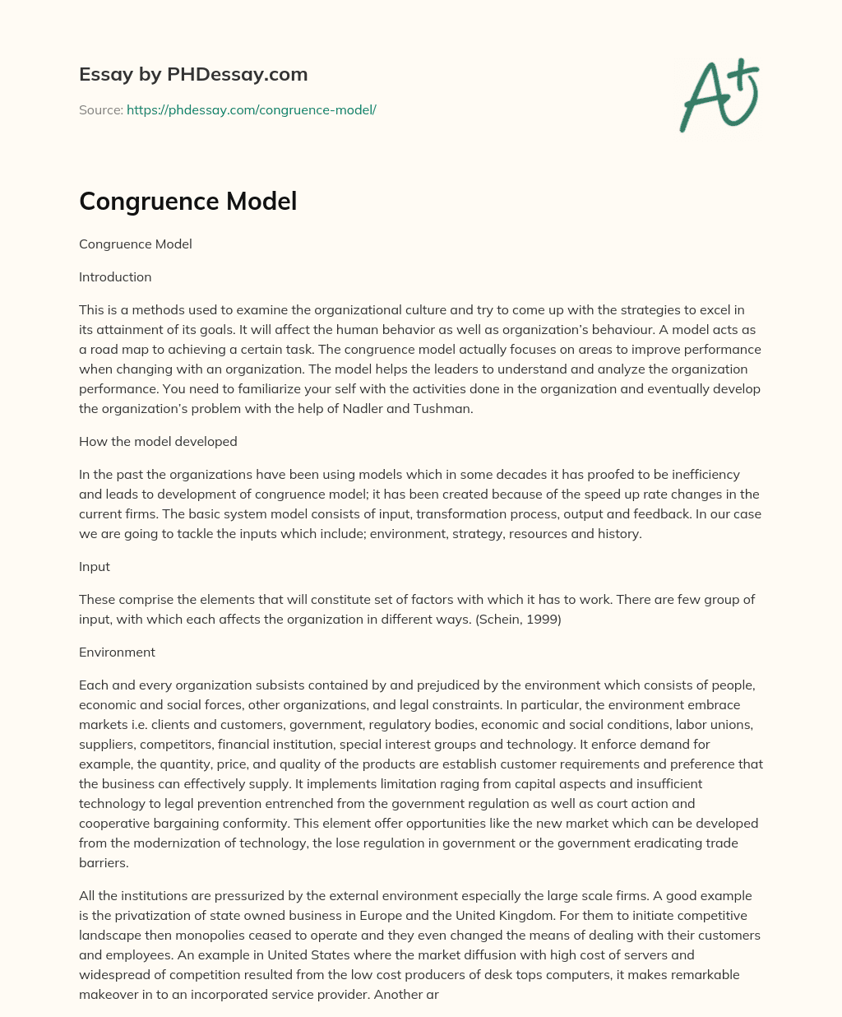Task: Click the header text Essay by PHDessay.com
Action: [x=193, y=74]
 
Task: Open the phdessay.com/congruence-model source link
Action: [x=251, y=109]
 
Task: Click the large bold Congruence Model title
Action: [x=187, y=201]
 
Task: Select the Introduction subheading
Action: [x=115, y=276]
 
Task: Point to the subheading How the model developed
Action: [x=158, y=441]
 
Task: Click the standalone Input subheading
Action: [x=95, y=566]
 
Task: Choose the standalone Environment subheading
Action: [x=117, y=652]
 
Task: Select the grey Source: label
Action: [x=101, y=109]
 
